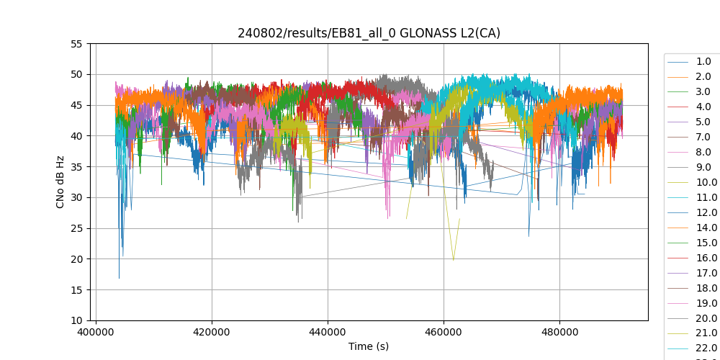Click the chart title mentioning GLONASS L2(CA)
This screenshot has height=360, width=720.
(369, 33)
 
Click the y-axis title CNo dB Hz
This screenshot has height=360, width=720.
(60, 182)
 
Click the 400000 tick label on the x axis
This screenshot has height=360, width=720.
(96, 333)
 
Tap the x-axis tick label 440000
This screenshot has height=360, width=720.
(328, 333)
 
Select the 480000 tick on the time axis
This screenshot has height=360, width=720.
(559, 333)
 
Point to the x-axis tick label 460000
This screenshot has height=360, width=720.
(444, 333)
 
